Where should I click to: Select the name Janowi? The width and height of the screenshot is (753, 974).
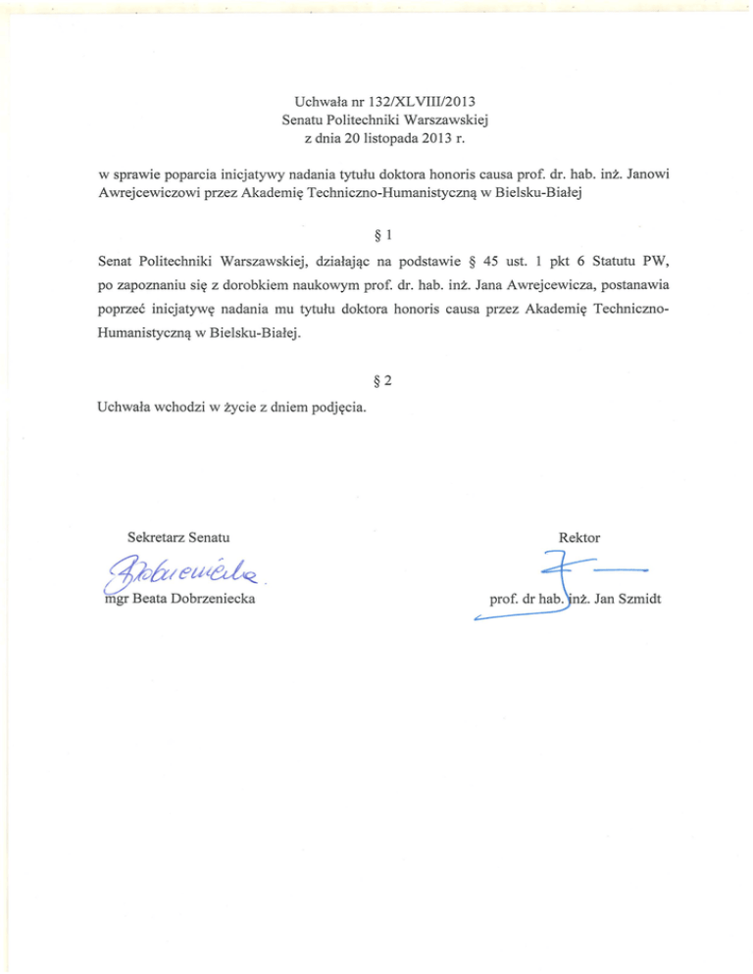point(644,174)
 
